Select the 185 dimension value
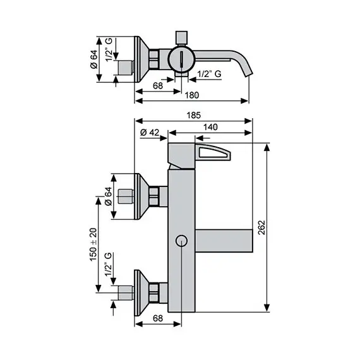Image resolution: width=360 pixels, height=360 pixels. pos(194,116)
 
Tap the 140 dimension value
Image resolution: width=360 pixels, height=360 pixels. pos(212,127)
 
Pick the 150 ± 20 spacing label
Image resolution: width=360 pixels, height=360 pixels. pos(93,244)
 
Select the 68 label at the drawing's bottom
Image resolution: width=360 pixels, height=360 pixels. pos(159,318)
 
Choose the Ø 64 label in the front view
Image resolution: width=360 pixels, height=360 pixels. pos(107,196)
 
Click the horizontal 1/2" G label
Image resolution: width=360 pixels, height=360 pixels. pos(208,74)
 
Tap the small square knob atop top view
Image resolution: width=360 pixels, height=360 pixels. pos(181,35)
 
